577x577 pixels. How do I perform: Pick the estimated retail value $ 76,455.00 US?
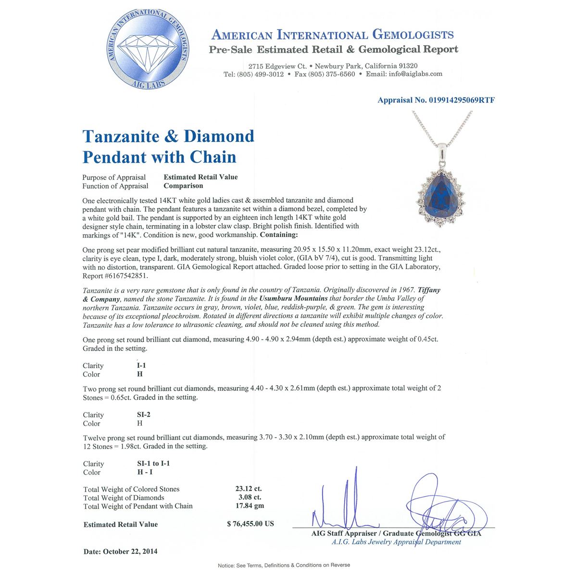point(251,524)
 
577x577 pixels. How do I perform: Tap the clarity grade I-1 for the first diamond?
point(141,365)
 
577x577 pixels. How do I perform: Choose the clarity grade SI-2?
point(144,414)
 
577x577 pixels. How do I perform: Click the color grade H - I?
point(145,472)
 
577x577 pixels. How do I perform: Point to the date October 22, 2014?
point(120,552)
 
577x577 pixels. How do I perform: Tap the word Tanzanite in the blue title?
point(120,137)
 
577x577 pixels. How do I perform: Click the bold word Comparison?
point(183,186)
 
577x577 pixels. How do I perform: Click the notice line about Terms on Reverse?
point(284,565)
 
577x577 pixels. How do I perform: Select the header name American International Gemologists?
point(332,35)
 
